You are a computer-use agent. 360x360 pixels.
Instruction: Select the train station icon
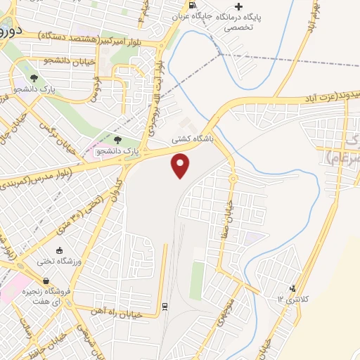(x=164, y=306)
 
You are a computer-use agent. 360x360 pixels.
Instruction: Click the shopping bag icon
(x=46, y=281)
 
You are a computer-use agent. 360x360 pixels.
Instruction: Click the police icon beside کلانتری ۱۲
(x=292, y=288)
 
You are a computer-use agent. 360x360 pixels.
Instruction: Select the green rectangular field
(x=198, y=281)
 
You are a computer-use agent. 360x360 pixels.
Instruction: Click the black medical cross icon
(x=238, y=6)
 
